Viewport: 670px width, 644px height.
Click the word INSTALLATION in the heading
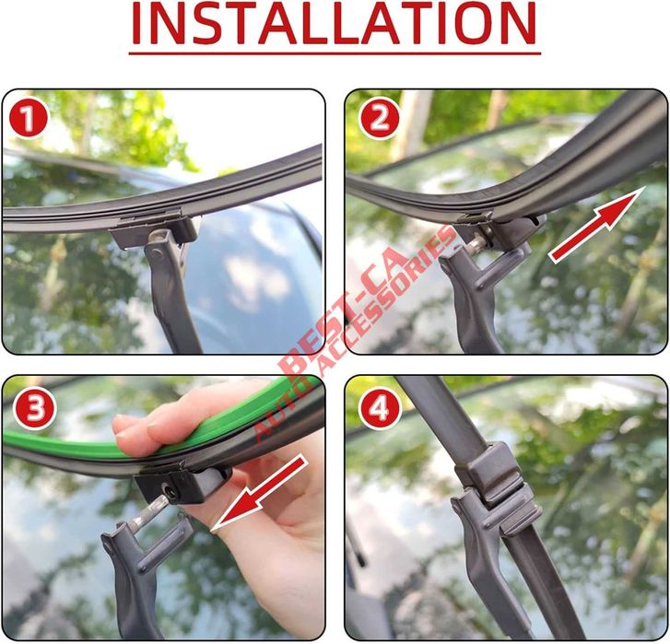click(x=333, y=24)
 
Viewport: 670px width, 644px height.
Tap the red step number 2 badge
click(x=379, y=120)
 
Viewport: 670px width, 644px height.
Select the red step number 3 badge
click(x=34, y=409)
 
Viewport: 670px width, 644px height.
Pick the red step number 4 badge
click(x=379, y=409)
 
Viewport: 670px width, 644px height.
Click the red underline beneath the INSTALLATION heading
click(x=333, y=53)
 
